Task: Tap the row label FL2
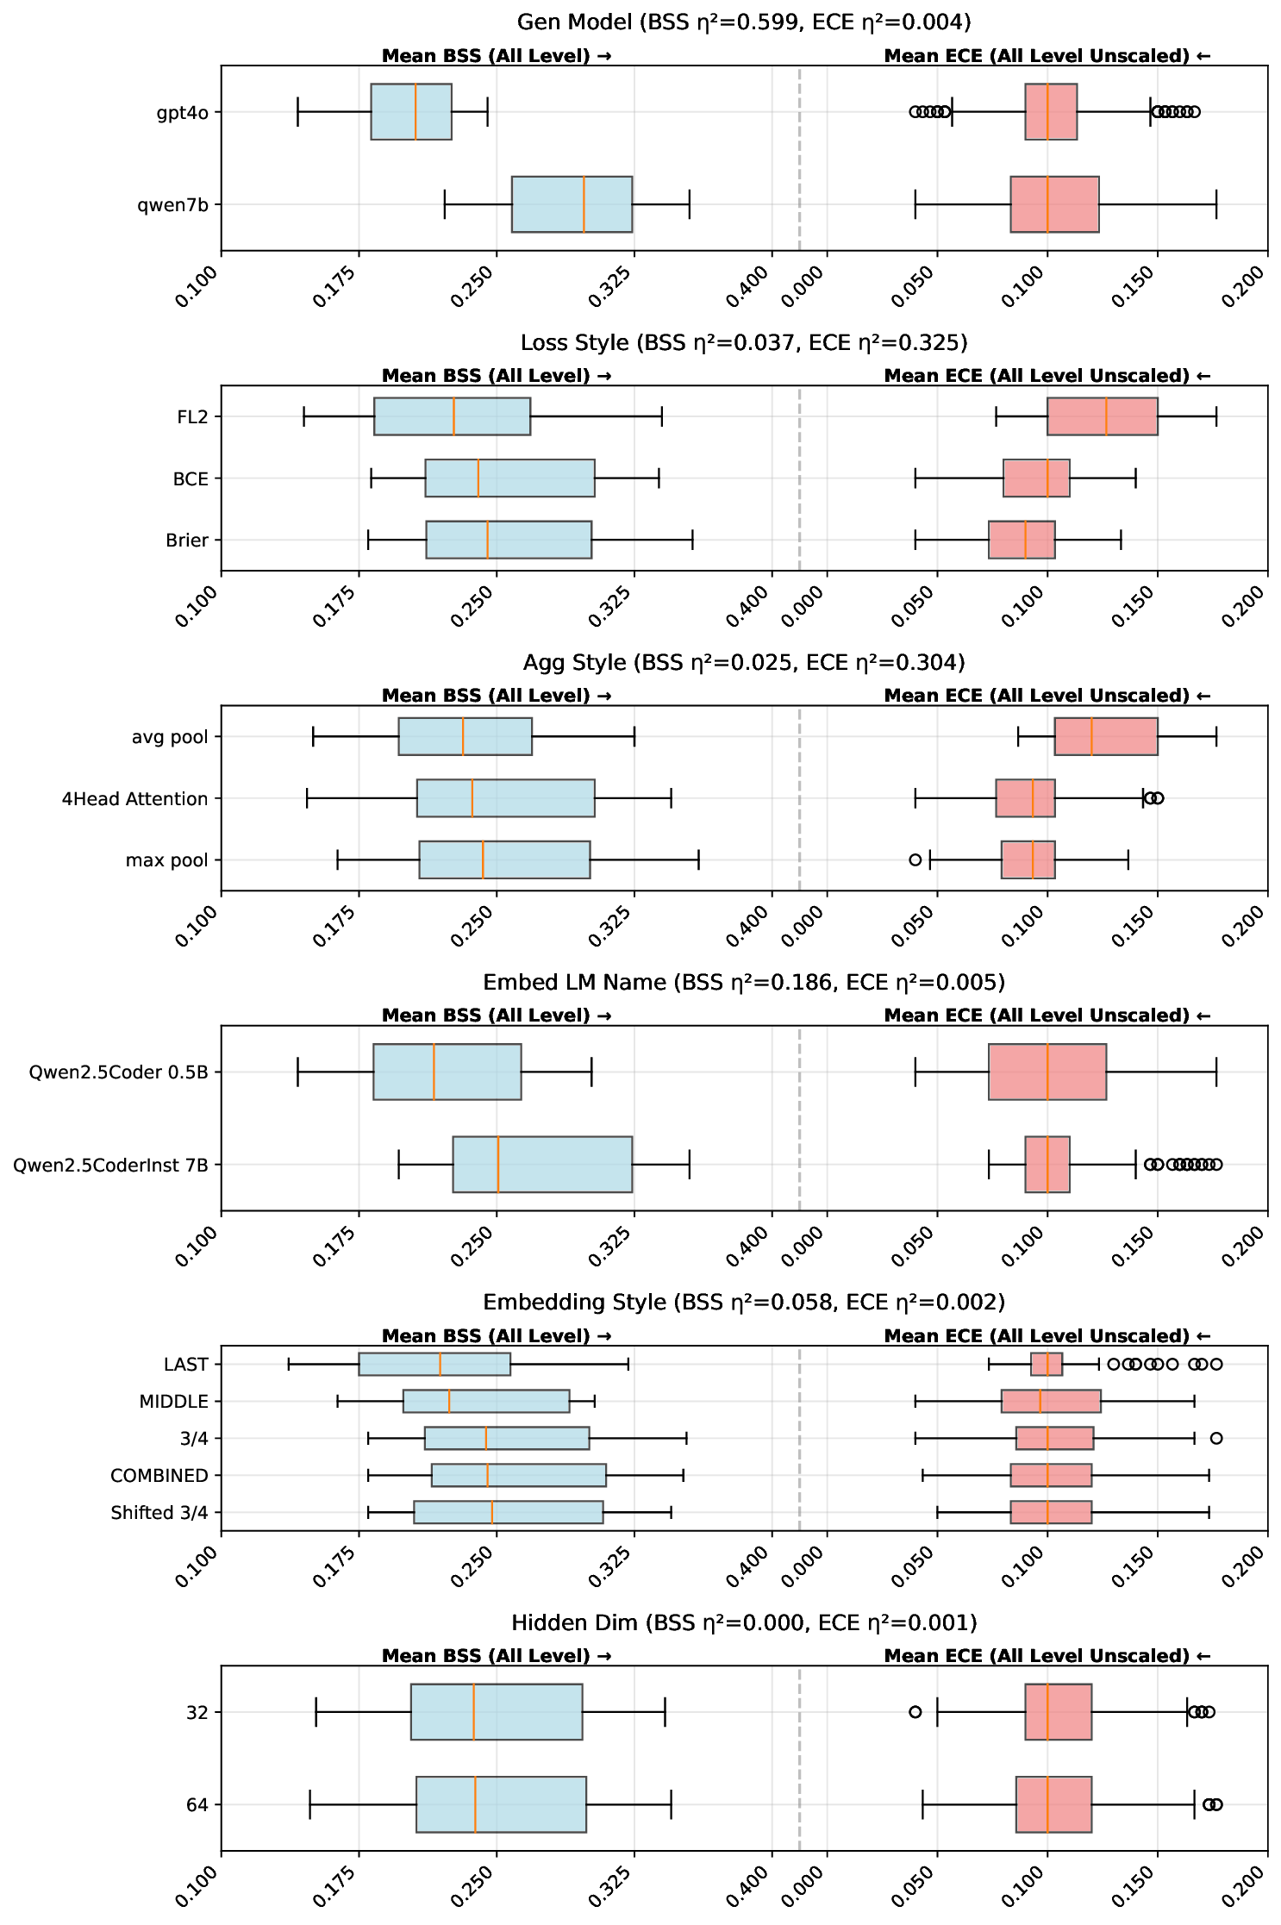pos(192,417)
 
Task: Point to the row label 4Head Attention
pos(134,799)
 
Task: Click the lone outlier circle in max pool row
pos(915,859)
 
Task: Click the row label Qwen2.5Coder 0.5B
pos(118,1072)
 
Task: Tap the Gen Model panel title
pos(743,22)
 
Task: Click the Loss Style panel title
pos(743,342)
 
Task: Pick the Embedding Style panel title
pos(743,1302)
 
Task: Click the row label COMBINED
pos(159,1475)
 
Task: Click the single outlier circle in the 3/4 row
pos(1215,1438)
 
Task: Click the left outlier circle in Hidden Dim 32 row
pos(915,1711)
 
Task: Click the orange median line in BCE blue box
pos(478,478)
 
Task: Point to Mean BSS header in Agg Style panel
pos(496,696)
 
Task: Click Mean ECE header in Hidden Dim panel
pos(1047,1655)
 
